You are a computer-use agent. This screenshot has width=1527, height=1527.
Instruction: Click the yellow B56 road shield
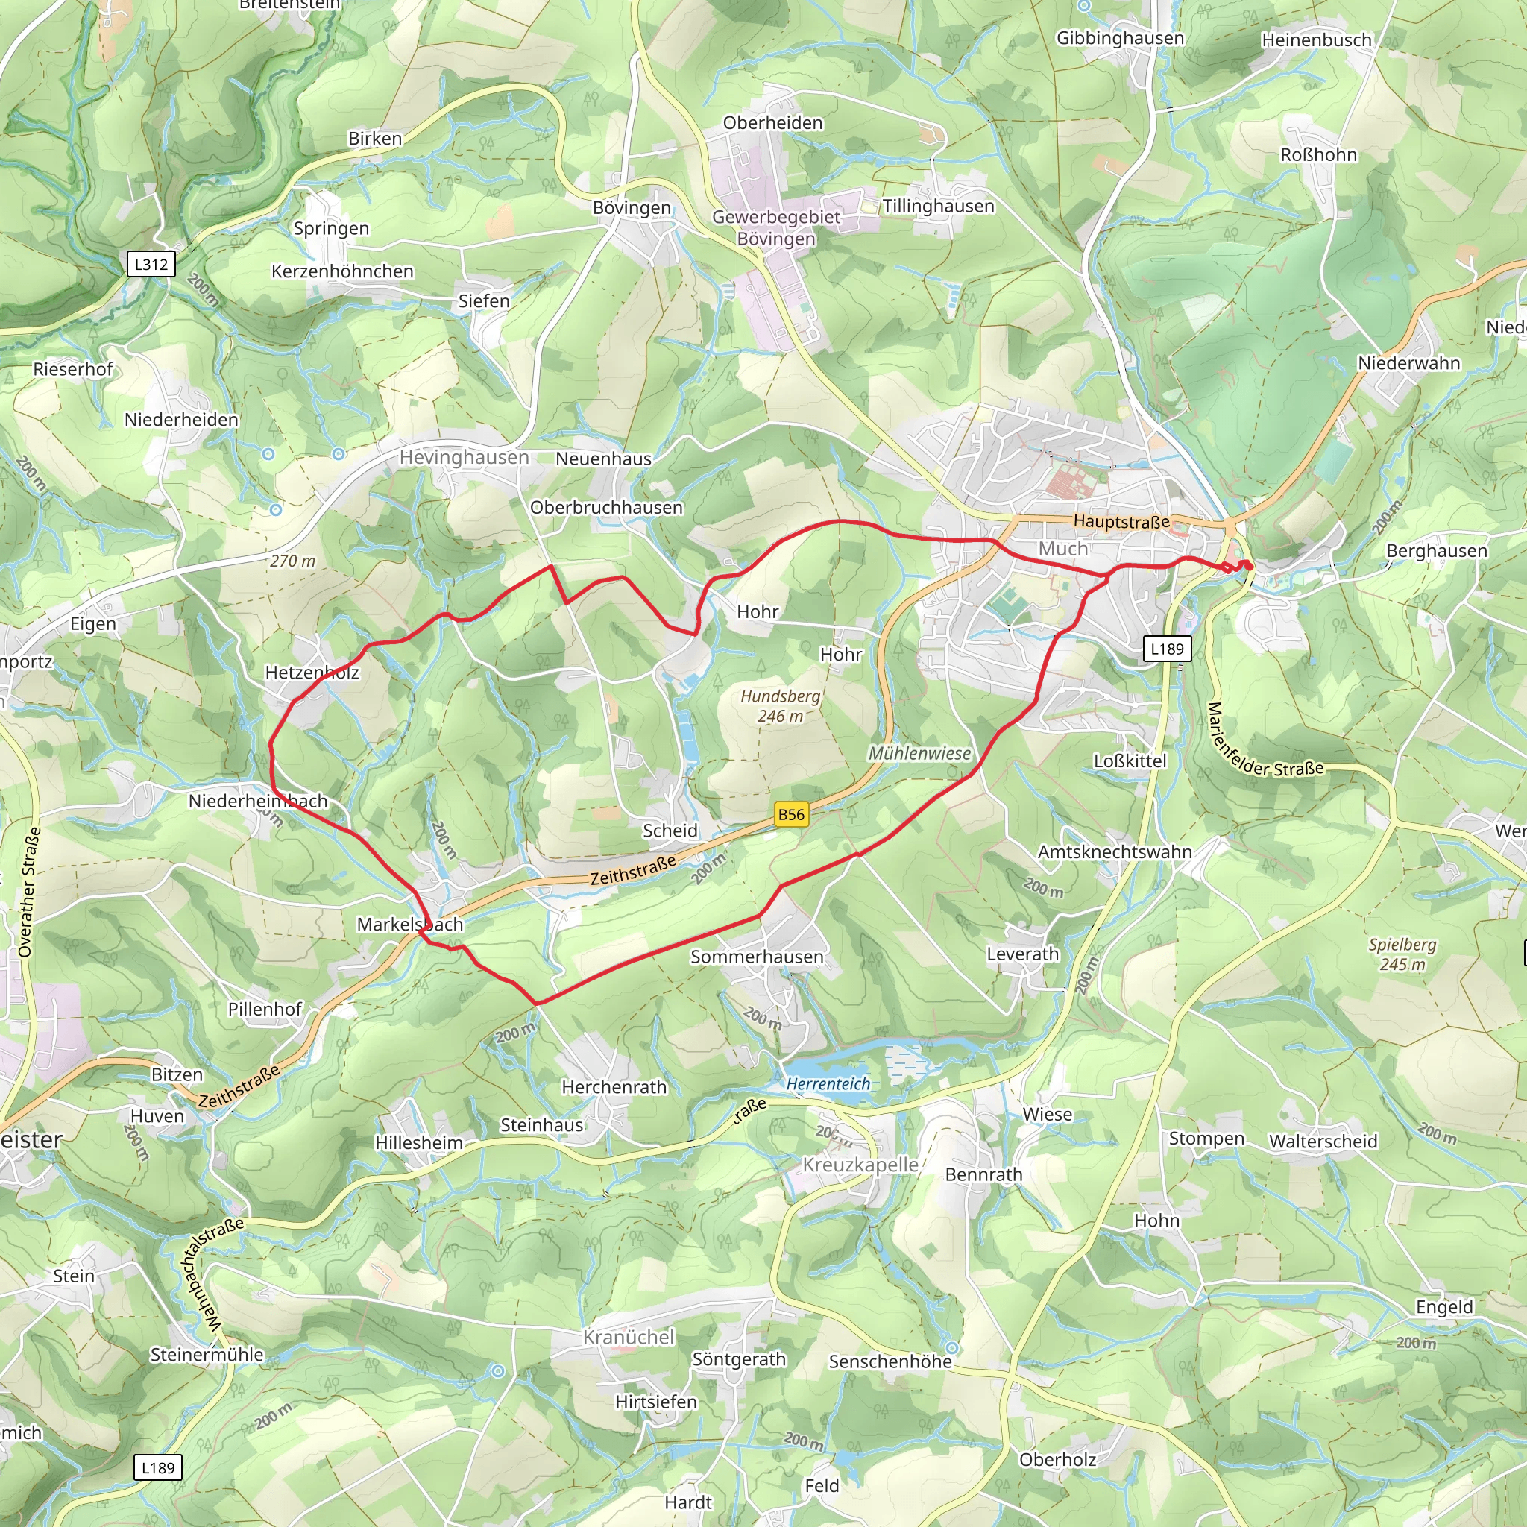pos(791,815)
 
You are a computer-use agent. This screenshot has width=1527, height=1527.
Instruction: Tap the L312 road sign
pos(151,264)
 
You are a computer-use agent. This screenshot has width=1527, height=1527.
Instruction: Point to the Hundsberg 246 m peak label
pos(780,706)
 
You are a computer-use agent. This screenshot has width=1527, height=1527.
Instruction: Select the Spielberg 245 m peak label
pos(1402,954)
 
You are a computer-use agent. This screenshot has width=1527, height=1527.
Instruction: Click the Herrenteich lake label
pos(828,1083)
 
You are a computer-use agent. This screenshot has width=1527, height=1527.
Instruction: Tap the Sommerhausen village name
pos(756,957)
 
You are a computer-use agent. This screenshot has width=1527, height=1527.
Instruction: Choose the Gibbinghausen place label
pos(1120,38)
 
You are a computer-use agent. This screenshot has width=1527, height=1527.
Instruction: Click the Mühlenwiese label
pos(919,753)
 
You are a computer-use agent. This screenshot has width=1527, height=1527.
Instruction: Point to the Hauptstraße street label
pos(1121,522)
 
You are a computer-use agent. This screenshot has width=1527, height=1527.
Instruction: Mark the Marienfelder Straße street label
pos(1264,743)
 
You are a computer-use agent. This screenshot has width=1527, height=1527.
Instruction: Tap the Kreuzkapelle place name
pos(860,1164)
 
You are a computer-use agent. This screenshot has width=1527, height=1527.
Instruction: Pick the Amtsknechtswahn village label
pos(1115,852)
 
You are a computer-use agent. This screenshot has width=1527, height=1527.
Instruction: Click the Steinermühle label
pos(207,1355)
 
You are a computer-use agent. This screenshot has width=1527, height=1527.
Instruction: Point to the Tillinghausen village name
pos(938,207)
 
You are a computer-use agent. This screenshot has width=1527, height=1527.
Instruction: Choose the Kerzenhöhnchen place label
pos(342,272)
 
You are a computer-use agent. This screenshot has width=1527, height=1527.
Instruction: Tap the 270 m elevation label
pos(292,561)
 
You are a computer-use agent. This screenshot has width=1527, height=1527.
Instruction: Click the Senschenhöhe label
pos(890,1361)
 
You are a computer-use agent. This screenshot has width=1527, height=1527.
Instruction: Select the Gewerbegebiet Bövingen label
pos(776,227)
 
